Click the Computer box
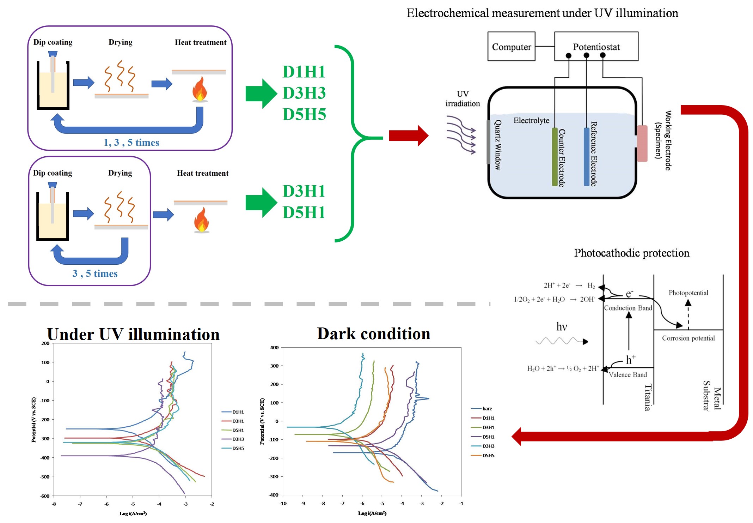pos(511,47)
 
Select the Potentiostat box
pos(596,47)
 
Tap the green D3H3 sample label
pos(304,93)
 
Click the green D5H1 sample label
pos(304,212)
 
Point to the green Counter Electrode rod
pos(555,157)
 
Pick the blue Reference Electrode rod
pos(586,157)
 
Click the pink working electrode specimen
pos(642,143)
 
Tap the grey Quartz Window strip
pos(488,142)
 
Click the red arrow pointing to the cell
pos(408,136)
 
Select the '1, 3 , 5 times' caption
pos(131,143)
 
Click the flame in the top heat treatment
pos(200,89)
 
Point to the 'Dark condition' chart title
pos(373,333)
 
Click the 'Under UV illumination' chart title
pos(133,334)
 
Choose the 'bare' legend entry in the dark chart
pos(487,409)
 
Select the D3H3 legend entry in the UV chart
pos(238,439)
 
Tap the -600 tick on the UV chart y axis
pos(45,496)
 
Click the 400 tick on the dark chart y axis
pos(274,348)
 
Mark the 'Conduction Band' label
pos(628,308)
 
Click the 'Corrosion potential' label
pos(688,338)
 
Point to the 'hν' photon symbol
pos(562,327)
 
